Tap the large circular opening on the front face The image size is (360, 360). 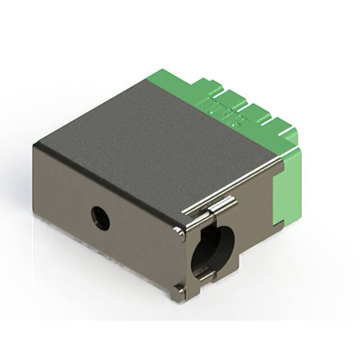213,248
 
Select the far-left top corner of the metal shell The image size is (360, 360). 35,145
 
